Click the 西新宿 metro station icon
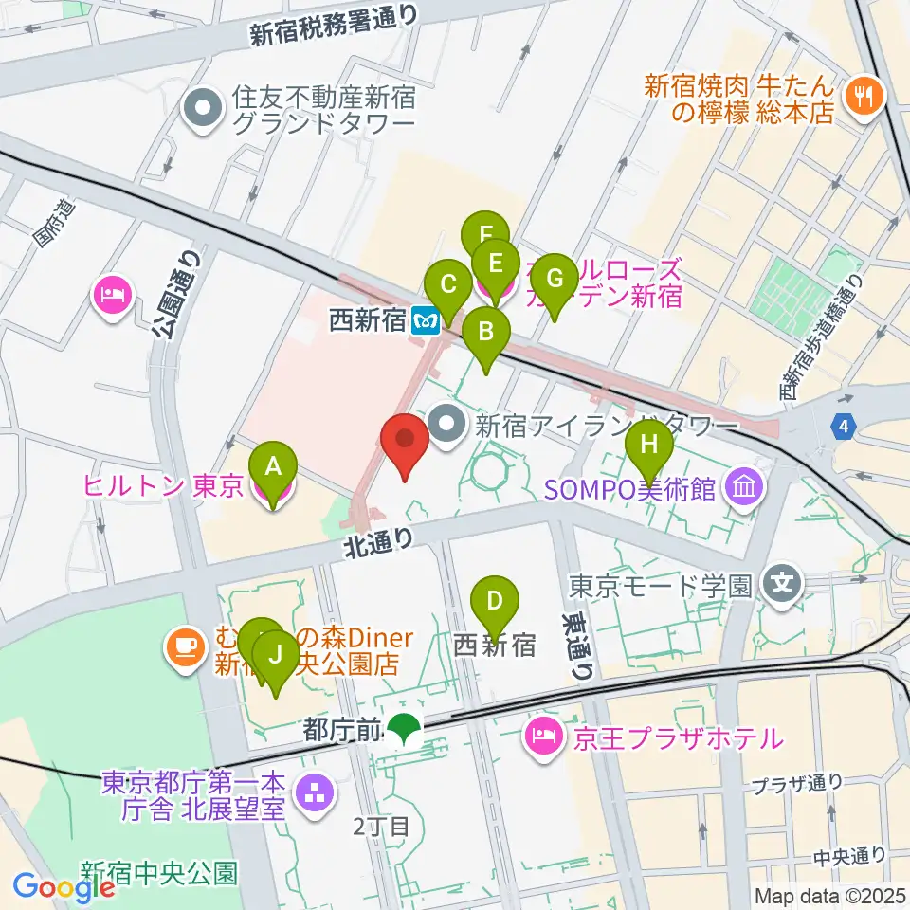click(x=425, y=320)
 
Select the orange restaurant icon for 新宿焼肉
click(x=864, y=94)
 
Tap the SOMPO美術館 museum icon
click(x=743, y=489)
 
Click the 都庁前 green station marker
click(x=406, y=729)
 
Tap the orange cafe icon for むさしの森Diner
click(x=183, y=647)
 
